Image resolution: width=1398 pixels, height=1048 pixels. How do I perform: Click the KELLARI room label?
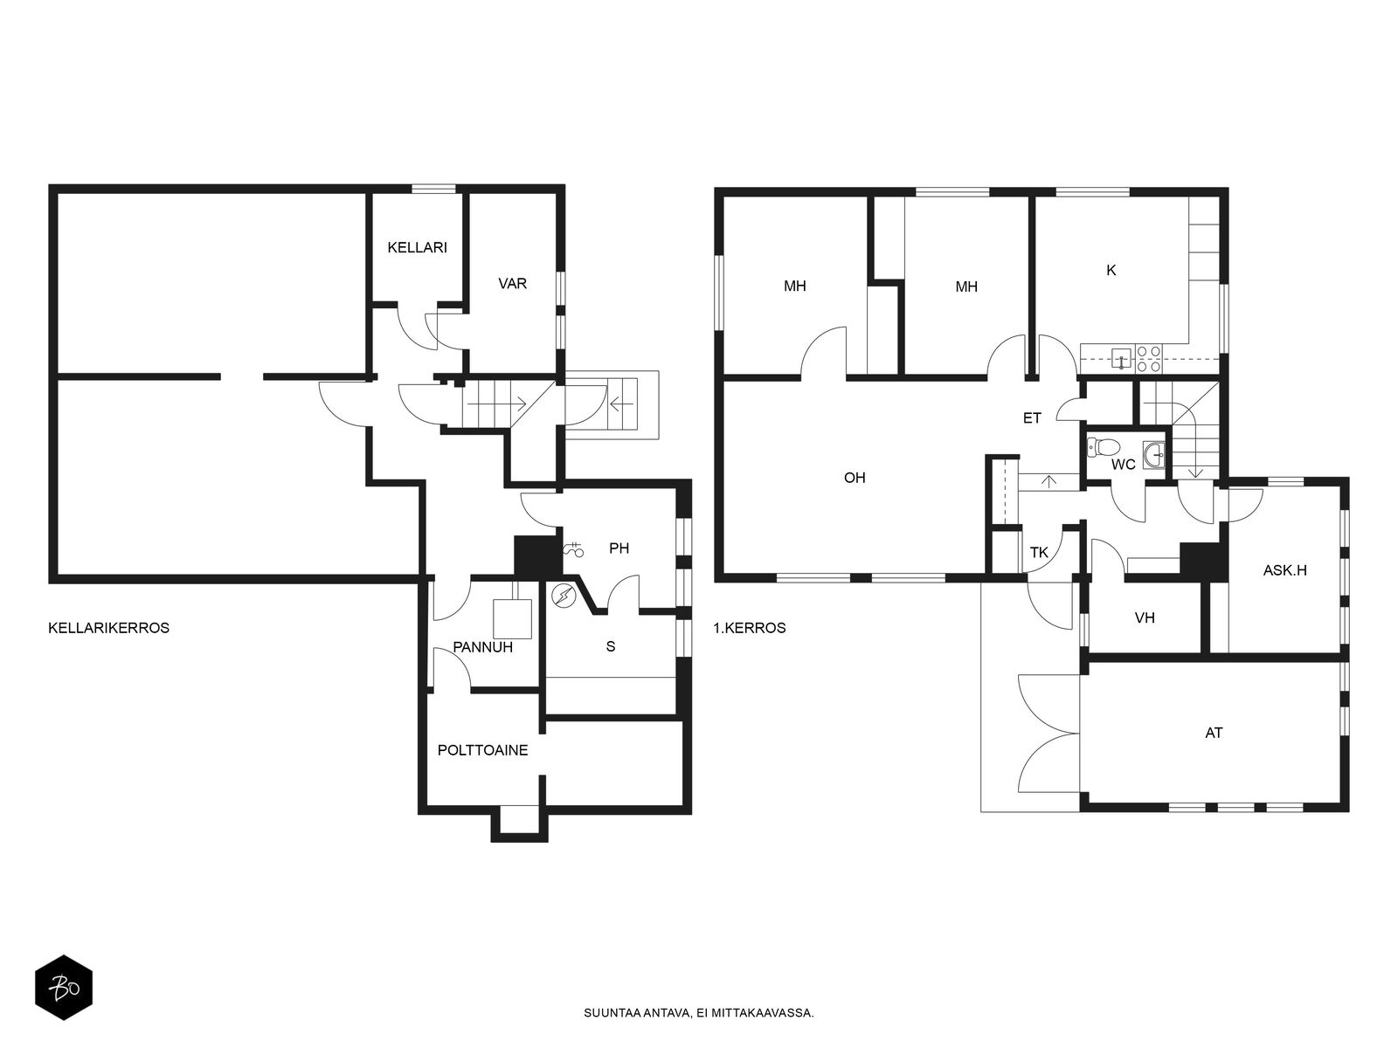(417, 247)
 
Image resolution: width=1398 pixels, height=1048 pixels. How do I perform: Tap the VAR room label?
(512, 284)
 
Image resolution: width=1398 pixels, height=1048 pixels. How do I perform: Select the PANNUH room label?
(483, 647)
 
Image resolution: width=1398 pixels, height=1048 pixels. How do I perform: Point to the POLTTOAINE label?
(483, 750)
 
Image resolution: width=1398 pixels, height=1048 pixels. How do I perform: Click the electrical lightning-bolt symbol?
(563, 596)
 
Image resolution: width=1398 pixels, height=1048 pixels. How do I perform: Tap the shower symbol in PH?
(574, 549)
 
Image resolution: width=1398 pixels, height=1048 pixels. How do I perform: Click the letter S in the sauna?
(611, 646)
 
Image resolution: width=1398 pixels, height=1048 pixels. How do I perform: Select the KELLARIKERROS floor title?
(109, 628)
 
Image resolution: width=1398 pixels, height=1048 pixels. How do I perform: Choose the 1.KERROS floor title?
(750, 628)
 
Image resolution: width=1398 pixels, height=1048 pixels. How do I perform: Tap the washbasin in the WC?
(1153, 455)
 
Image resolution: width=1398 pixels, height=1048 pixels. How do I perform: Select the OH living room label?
(855, 477)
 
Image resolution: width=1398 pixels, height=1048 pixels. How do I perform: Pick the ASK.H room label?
(1284, 571)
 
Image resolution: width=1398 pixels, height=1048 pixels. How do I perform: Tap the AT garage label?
(1214, 733)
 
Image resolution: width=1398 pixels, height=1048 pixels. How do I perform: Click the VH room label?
(1145, 617)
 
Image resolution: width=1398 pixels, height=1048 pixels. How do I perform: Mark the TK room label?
(1039, 553)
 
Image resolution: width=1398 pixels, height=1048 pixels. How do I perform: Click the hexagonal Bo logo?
(64, 989)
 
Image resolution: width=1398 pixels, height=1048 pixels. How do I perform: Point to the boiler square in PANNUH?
(513, 619)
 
